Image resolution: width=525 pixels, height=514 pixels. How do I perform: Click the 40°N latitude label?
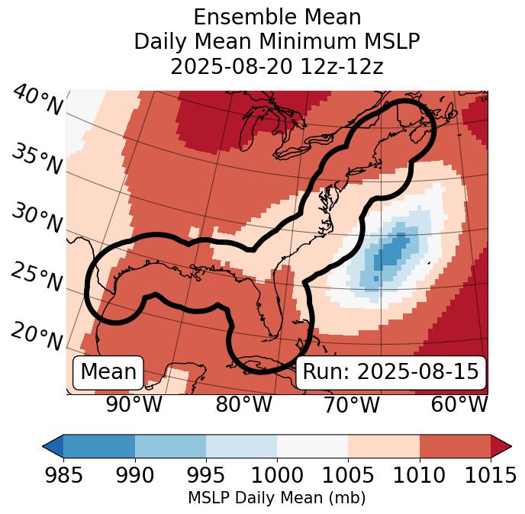(37, 101)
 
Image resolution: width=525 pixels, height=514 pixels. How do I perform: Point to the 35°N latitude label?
(36, 160)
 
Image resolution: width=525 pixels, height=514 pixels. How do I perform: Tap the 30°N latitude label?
(36, 219)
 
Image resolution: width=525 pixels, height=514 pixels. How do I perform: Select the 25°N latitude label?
(36, 278)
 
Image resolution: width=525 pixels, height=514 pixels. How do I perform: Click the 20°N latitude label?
(36, 335)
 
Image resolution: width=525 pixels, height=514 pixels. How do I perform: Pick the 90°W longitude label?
(134, 405)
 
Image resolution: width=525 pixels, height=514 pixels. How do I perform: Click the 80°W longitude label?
(243, 405)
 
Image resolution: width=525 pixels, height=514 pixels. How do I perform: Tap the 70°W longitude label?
(352, 405)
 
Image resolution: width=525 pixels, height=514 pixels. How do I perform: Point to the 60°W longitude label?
(459, 405)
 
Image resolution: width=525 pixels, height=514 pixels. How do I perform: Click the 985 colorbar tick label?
(64, 476)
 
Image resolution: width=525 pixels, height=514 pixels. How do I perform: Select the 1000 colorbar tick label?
(277, 476)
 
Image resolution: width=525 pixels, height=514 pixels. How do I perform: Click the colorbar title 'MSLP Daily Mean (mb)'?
(276, 499)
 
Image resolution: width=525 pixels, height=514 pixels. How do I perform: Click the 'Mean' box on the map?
(108, 372)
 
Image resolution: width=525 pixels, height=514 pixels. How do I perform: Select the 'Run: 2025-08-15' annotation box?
(390, 372)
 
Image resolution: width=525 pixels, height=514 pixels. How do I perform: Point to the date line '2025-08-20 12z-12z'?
(276, 66)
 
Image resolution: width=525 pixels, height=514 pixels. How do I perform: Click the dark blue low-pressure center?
(390, 252)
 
